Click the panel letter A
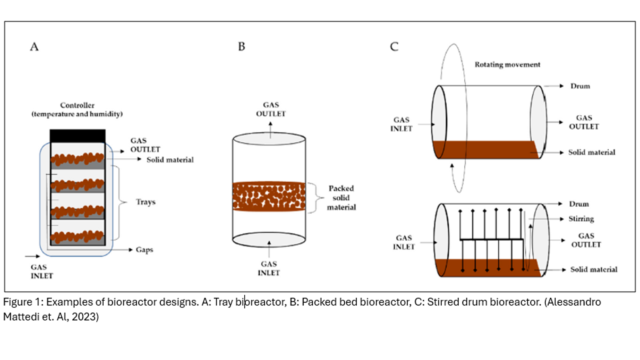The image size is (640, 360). (34, 47)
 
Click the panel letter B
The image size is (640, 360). (242, 47)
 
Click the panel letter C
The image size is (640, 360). (394, 47)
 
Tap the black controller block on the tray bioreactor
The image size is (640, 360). (78, 136)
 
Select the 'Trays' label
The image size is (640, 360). (146, 202)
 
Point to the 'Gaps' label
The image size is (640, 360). (144, 250)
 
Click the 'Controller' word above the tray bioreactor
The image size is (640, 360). (77, 105)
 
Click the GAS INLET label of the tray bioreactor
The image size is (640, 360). (42, 272)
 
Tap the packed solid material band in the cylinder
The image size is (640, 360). (269, 197)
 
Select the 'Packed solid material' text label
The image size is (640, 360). (341, 198)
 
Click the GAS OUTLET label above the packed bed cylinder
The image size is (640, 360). (271, 109)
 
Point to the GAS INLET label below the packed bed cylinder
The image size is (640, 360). (269, 268)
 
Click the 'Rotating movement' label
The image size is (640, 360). (507, 65)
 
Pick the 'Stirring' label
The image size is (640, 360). (581, 219)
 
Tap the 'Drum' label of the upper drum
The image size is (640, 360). (580, 86)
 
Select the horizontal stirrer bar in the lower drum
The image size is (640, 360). (492, 239)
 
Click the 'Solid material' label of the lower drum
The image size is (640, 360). (594, 270)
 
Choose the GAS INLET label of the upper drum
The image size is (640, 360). (401, 124)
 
